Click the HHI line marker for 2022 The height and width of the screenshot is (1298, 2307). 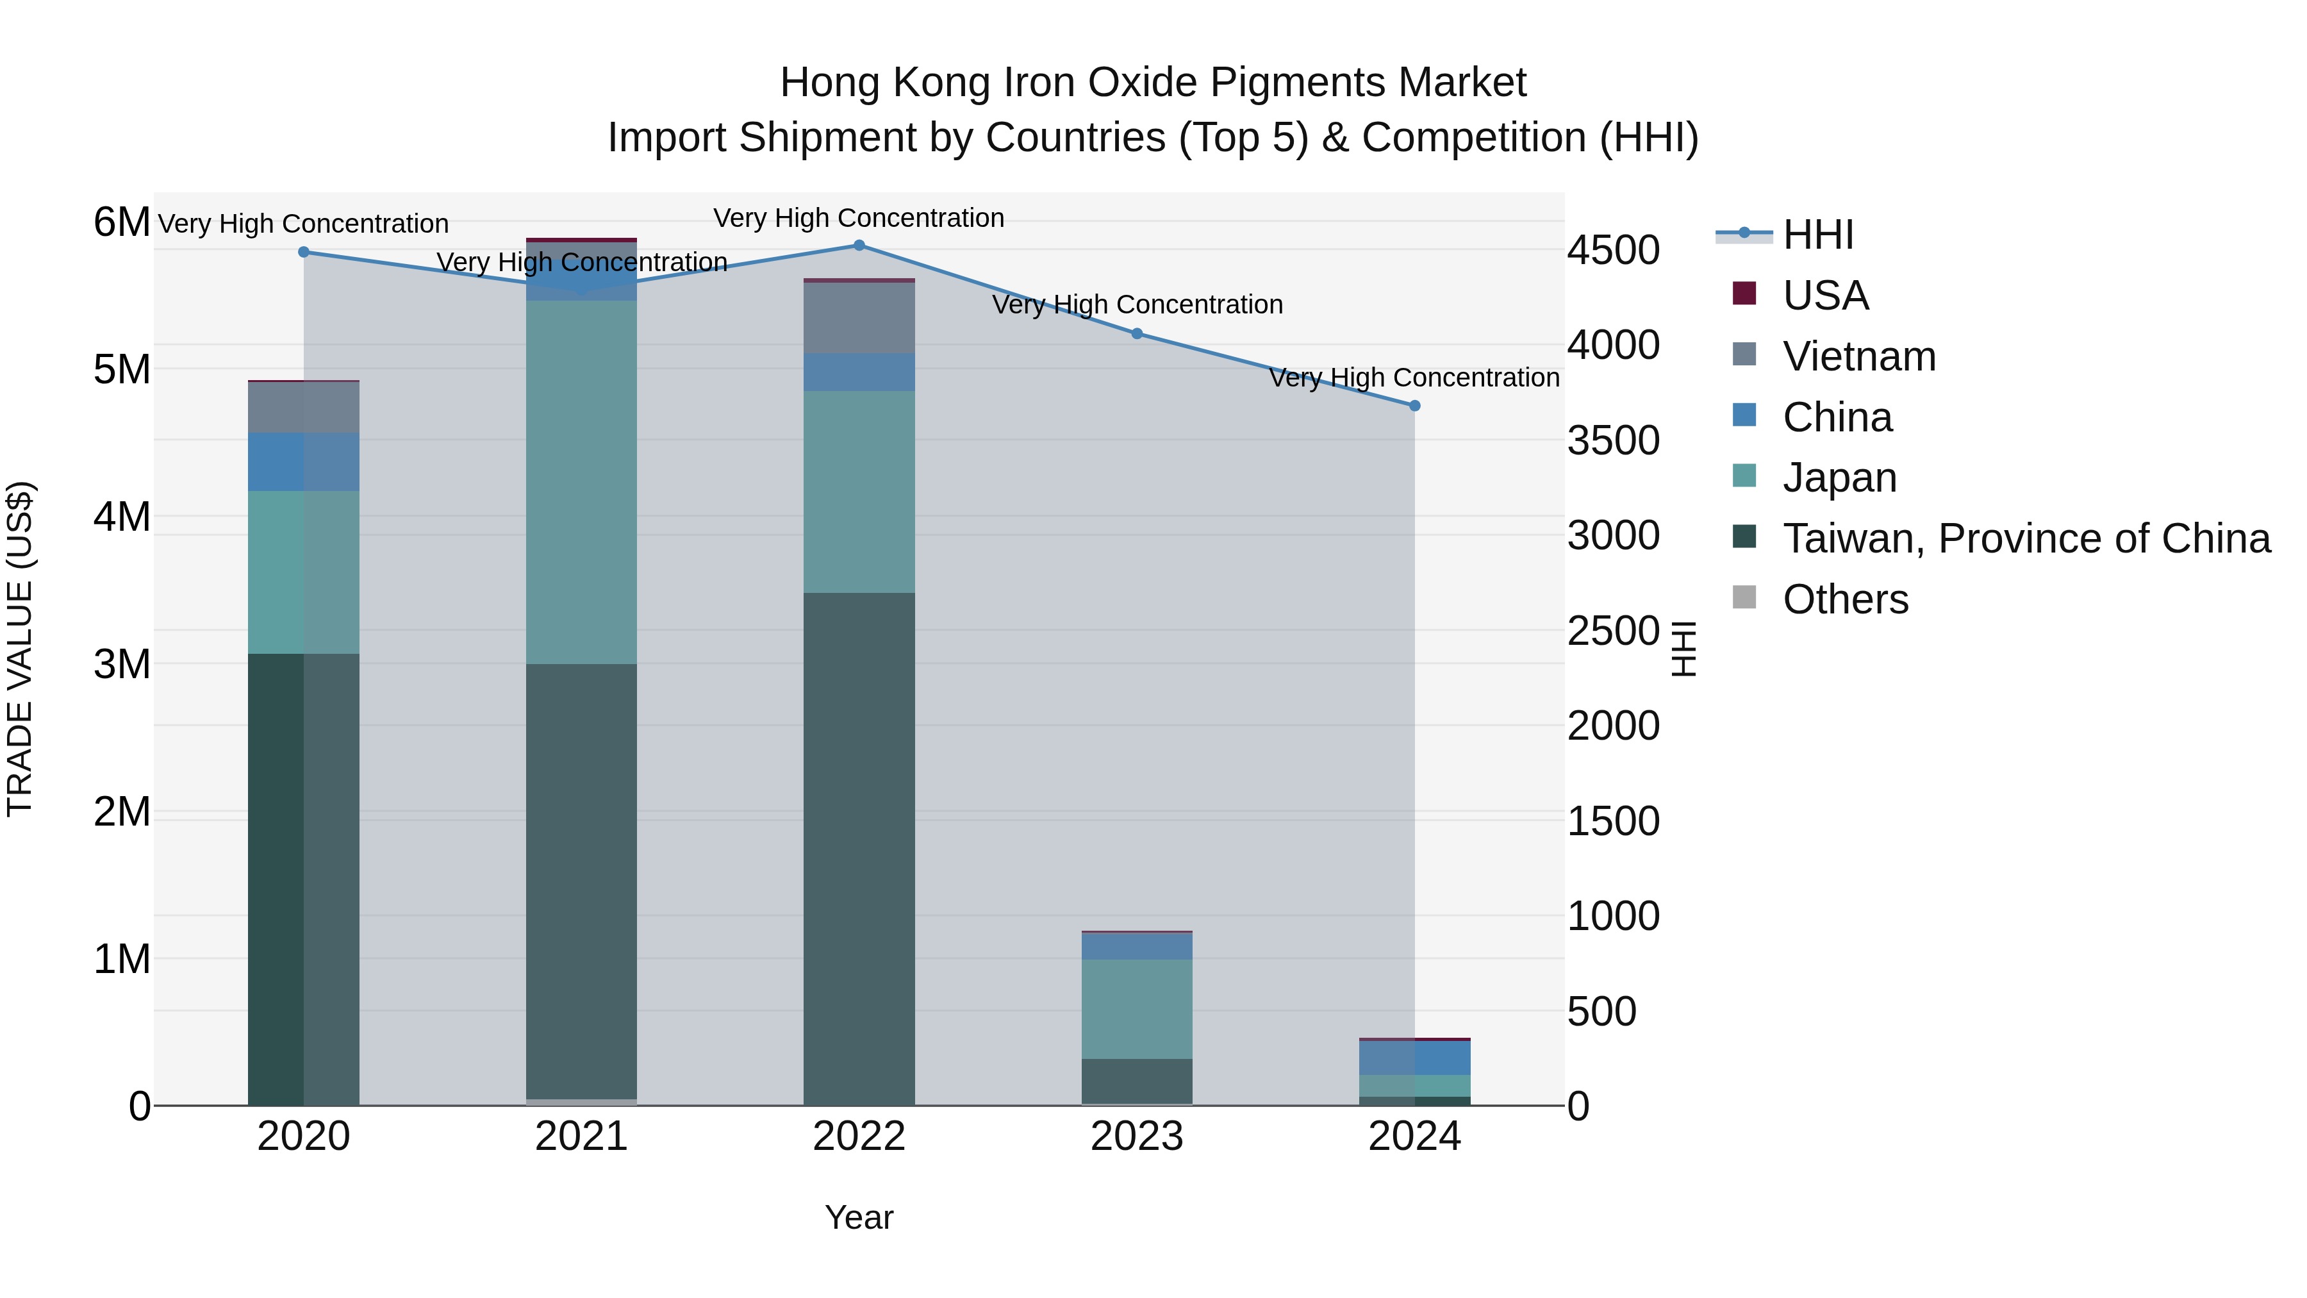[x=859, y=245]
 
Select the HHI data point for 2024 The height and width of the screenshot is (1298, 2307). [x=1415, y=406]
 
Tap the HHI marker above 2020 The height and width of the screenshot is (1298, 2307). [x=304, y=253]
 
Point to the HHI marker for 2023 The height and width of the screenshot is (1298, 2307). [x=1136, y=334]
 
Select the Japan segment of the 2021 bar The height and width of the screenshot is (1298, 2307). [x=581, y=482]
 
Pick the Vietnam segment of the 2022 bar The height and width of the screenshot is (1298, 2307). [x=859, y=318]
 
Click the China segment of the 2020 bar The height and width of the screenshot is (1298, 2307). [x=304, y=462]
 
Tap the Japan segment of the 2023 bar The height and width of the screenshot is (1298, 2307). [x=1136, y=1009]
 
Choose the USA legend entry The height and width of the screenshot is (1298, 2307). [x=1825, y=295]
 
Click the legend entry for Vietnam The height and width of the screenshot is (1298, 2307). [x=1858, y=356]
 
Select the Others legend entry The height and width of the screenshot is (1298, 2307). [x=1845, y=599]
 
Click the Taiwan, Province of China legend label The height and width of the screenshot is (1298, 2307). [x=2026, y=538]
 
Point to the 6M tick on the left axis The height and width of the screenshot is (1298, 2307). [x=122, y=222]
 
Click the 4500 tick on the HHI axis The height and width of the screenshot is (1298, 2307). [x=1613, y=250]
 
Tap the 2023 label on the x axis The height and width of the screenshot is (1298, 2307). [x=1136, y=1136]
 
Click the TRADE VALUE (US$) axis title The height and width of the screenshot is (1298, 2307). [x=20, y=649]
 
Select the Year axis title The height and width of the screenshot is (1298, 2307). [x=859, y=1217]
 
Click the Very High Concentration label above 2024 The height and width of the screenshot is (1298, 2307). [x=1414, y=378]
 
